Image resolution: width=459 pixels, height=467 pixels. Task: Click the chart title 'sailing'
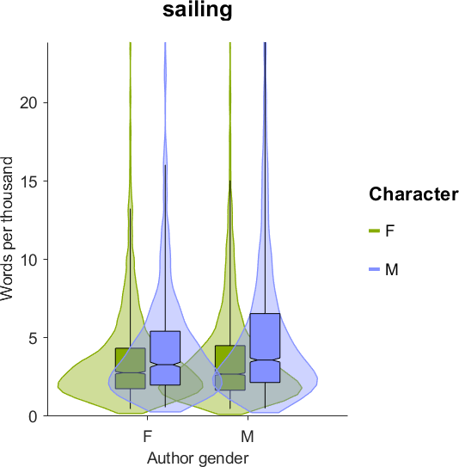pyautogui.click(x=198, y=9)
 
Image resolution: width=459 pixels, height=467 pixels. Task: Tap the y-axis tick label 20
pyautogui.click(x=29, y=103)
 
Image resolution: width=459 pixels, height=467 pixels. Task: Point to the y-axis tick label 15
pyautogui.click(x=29, y=181)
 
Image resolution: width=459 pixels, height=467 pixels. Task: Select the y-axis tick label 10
pyautogui.click(x=29, y=260)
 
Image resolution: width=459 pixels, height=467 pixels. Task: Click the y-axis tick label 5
pyautogui.click(x=34, y=338)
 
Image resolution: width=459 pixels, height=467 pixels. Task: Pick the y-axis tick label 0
pyautogui.click(x=34, y=416)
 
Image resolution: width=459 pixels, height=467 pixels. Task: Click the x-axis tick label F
pyautogui.click(x=148, y=437)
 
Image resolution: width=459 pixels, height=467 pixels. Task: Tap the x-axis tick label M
pyautogui.click(x=248, y=437)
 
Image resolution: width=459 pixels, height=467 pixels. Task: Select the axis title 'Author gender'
pyautogui.click(x=198, y=458)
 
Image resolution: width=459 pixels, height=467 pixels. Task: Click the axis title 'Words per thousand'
pyautogui.click(x=7, y=230)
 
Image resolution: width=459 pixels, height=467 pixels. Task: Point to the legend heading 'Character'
pyautogui.click(x=413, y=194)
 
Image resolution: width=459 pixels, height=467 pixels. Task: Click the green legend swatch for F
pyautogui.click(x=375, y=230)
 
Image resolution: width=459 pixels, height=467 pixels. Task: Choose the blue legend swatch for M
pyautogui.click(x=375, y=269)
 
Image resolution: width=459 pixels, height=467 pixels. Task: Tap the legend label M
pyautogui.click(x=392, y=269)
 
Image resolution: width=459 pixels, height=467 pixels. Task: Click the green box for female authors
pyautogui.click(x=131, y=368)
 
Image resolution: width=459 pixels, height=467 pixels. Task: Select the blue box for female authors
pyautogui.click(x=165, y=358)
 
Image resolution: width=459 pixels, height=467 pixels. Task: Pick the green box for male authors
pyautogui.click(x=230, y=368)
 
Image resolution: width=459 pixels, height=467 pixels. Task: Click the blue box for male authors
pyautogui.click(x=265, y=347)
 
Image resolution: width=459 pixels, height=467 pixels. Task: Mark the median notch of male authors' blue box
pyautogui.click(x=265, y=359)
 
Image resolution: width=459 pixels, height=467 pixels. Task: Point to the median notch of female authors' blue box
pyautogui.click(x=165, y=365)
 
